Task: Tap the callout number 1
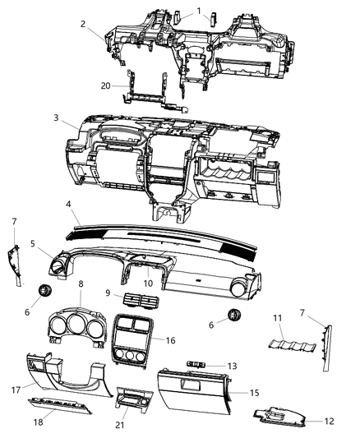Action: click(x=199, y=11)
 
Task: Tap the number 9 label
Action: click(x=107, y=292)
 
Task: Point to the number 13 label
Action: click(x=232, y=366)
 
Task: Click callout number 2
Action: click(x=84, y=25)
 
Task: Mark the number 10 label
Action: click(x=149, y=284)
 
